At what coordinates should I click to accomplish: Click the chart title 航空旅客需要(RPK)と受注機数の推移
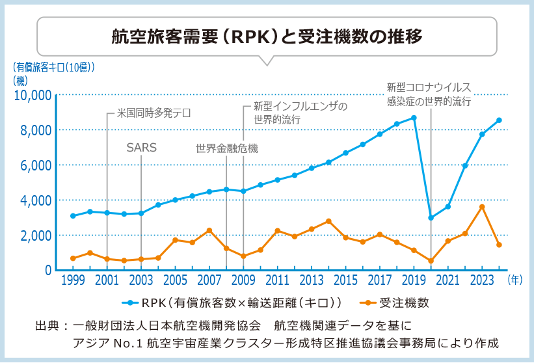pos(267,36)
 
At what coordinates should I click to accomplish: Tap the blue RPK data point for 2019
pos(414,118)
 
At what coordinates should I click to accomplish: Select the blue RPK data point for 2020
pos(431,217)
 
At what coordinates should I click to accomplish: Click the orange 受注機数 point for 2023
pos(482,207)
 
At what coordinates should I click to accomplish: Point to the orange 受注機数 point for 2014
pos(328,221)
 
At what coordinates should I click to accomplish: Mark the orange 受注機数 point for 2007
pos(209,230)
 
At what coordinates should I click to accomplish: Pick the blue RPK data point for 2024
pos(499,120)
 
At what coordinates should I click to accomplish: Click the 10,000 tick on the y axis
pos(32,96)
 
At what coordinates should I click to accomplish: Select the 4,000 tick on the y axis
pos(34,200)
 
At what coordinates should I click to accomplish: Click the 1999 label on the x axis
pos(73,281)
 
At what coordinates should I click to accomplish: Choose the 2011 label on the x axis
pos(277,281)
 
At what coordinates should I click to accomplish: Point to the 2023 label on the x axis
pos(482,281)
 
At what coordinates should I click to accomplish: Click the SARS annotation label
pos(141,148)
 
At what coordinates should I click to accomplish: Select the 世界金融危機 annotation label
pos(226,148)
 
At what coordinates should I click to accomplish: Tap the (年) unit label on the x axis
pos(514,280)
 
